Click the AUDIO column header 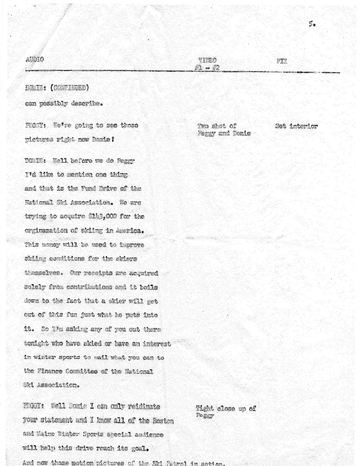click(35, 60)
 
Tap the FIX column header click(282, 60)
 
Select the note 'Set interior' click(296, 126)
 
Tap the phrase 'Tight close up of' click(226, 409)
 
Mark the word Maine click(50, 434)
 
